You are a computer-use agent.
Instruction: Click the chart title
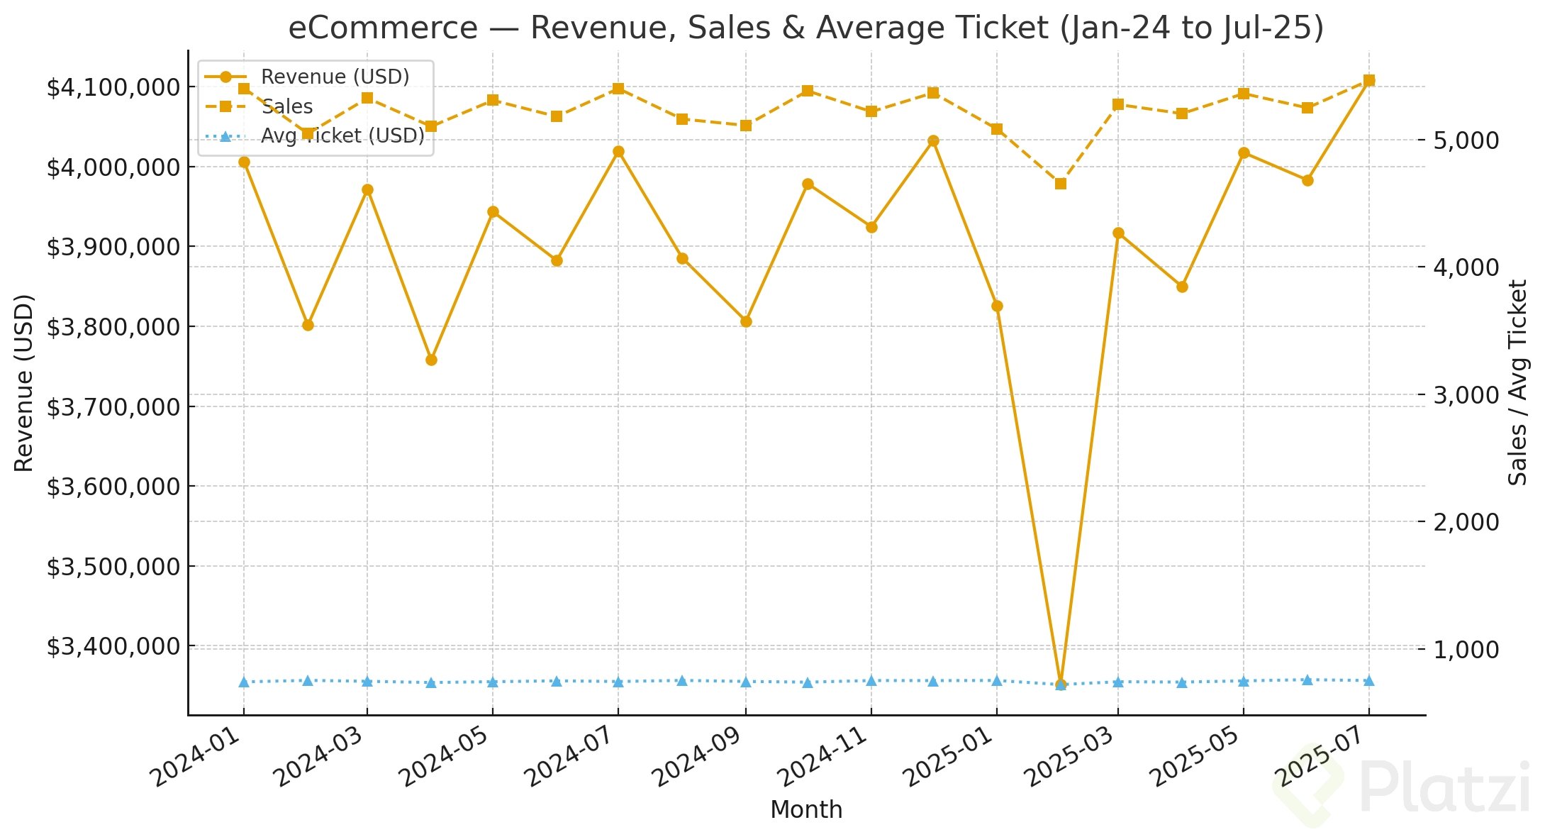coord(805,28)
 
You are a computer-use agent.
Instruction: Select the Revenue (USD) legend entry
coord(335,77)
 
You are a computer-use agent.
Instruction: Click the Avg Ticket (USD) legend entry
coord(342,135)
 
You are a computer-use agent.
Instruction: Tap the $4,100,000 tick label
coord(113,88)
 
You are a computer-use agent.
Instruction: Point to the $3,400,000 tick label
coord(113,647)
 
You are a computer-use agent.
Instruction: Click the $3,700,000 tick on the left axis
coord(113,407)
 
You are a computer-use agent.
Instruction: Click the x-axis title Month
coord(806,810)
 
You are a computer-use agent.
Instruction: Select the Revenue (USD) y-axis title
coord(25,383)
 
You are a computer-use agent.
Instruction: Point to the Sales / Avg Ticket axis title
coord(1517,383)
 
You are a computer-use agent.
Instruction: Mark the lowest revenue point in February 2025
coord(1061,684)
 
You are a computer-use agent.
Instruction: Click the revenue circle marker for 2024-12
coord(933,141)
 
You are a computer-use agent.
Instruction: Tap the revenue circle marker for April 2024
coord(431,360)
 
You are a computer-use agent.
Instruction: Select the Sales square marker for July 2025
coord(1369,81)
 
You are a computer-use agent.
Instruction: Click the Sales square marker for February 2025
coord(1061,184)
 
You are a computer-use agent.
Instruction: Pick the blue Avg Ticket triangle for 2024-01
coord(244,682)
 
